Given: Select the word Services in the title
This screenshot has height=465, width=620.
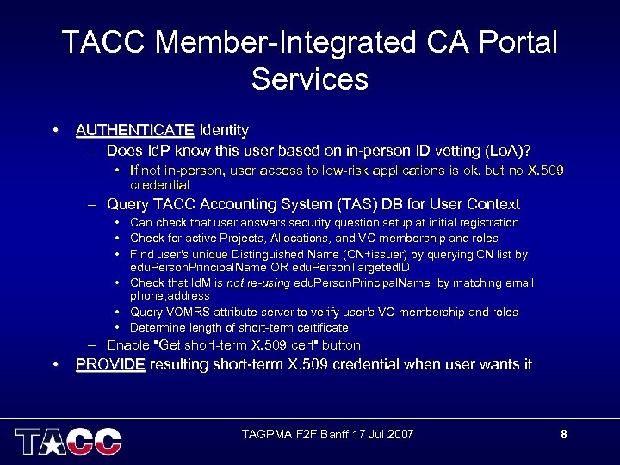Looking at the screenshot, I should [310, 79].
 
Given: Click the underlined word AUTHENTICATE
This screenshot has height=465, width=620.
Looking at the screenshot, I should [135, 131].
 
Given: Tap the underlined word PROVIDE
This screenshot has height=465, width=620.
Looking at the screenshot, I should [110, 364].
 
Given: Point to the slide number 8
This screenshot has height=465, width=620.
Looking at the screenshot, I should [564, 434].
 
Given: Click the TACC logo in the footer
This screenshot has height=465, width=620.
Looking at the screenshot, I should [68, 440].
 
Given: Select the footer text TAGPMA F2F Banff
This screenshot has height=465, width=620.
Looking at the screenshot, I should [295, 434].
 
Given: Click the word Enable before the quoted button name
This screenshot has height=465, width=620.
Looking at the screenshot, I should [127, 345].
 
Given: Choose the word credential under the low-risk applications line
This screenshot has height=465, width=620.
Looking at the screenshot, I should [159, 184].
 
